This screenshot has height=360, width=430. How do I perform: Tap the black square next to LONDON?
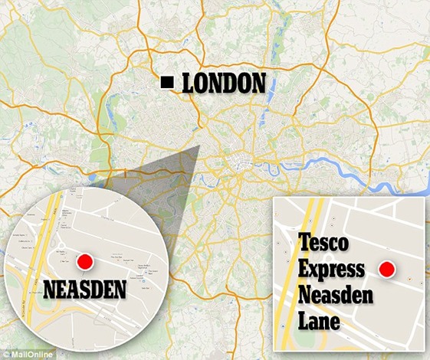click(166, 83)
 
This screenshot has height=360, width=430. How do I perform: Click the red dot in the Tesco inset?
click(388, 270)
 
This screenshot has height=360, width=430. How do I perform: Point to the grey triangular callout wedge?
click(165, 172)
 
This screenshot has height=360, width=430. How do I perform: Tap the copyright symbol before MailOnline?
click(5, 354)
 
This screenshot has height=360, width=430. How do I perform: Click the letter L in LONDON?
click(189, 83)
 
